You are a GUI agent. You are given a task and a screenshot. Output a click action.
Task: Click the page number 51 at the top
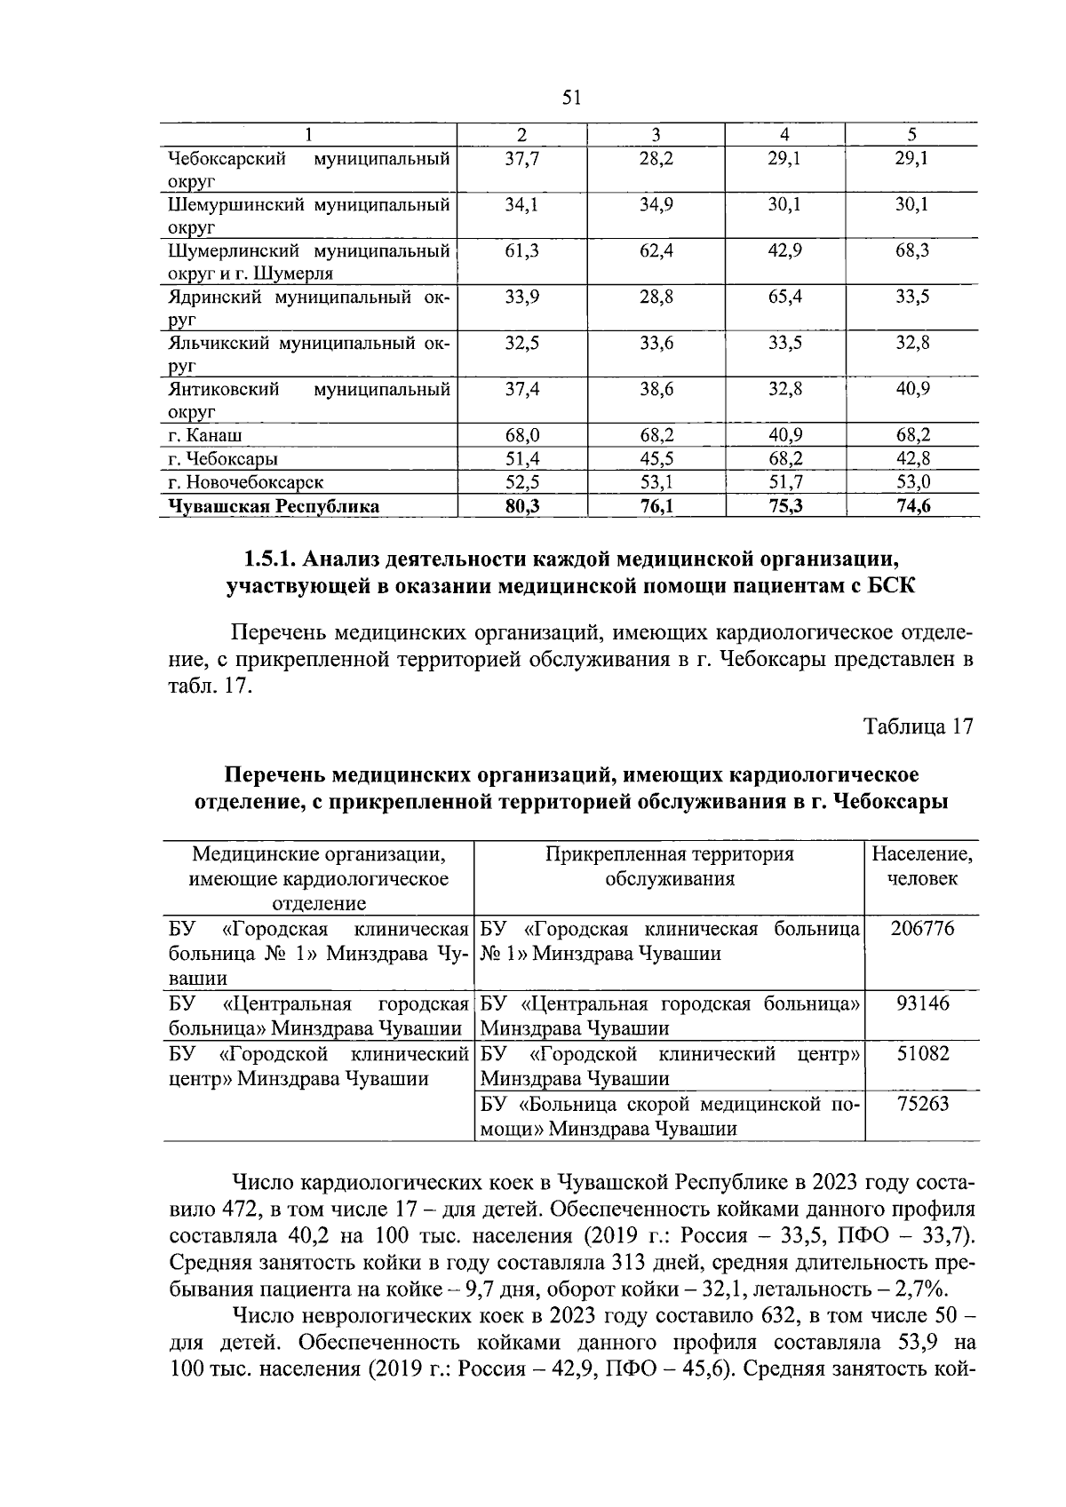tap(571, 98)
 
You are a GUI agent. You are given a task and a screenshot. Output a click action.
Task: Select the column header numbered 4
tap(784, 135)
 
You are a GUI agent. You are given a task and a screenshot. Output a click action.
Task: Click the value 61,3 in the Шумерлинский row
tap(521, 250)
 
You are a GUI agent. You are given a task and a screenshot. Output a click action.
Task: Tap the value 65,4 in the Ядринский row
tap(784, 297)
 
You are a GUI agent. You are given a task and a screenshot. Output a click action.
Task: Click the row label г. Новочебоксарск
tap(245, 483)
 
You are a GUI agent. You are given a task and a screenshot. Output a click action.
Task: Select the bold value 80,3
tap(521, 506)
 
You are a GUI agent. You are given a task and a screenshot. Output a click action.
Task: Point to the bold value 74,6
tap(911, 506)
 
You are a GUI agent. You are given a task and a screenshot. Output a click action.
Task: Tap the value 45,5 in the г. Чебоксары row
tap(656, 459)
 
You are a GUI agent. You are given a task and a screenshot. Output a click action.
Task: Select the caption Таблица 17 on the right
tap(919, 726)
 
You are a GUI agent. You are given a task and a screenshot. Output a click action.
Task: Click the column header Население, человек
tap(921, 867)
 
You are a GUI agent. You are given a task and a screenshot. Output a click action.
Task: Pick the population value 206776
tap(921, 930)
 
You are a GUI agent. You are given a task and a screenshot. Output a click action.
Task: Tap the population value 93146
tap(921, 1004)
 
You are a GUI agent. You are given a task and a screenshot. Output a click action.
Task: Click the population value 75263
tap(921, 1104)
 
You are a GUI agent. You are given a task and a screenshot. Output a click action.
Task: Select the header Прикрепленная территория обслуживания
tap(669, 867)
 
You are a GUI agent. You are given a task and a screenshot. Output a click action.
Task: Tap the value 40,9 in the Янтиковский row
tap(911, 389)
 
